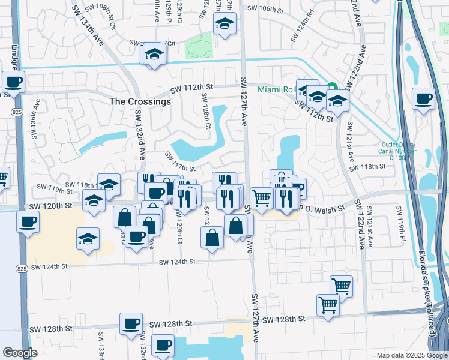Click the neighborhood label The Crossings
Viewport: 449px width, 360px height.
point(140,101)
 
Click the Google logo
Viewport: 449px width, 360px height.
point(20,353)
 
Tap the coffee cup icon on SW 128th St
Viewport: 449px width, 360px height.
point(130,323)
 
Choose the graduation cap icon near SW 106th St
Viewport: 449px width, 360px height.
point(225,23)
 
